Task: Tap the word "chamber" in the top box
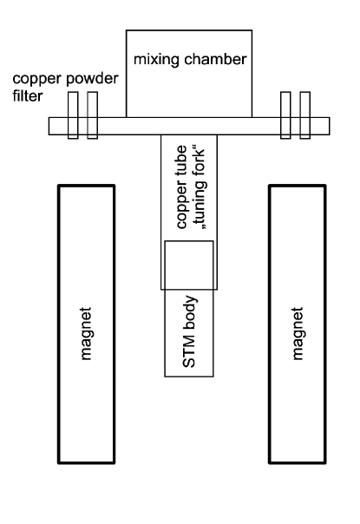click(x=210, y=60)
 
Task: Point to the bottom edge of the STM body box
click(x=188, y=377)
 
